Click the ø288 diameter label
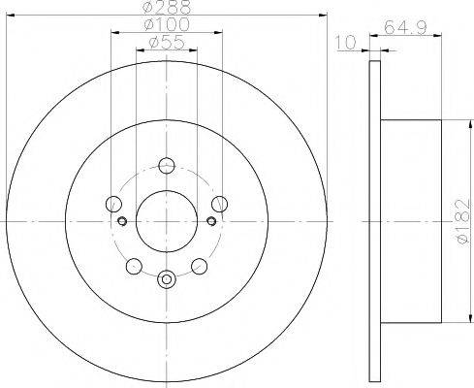pyautogui.click(x=166, y=8)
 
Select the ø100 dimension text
pyautogui.click(x=166, y=24)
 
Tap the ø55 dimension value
pyautogui.click(x=166, y=43)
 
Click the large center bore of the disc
pyautogui.click(x=166, y=221)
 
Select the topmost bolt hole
pyautogui.click(x=166, y=165)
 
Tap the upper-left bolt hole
pyautogui.click(x=113, y=204)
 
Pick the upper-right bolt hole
pyautogui.click(x=219, y=203)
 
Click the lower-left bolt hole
pyautogui.click(x=134, y=265)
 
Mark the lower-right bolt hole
pyautogui.click(x=199, y=265)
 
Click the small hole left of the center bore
pyautogui.click(x=123, y=220)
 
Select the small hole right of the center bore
pyautogui.click(x=209, y=220)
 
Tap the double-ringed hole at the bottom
pyautogui.click(x=166, y=280)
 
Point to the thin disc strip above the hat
pyautogui.click(x=376, y=92)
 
